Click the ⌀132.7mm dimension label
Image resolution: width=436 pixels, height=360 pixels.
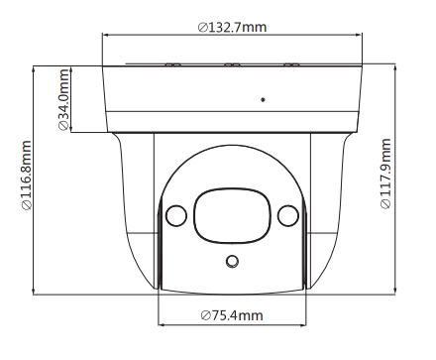click(232, 27)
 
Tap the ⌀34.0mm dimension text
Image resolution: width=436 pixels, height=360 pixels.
click(63, 99)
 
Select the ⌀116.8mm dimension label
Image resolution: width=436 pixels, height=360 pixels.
click(27, 176)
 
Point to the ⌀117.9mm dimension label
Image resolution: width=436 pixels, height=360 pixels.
click(385, 174)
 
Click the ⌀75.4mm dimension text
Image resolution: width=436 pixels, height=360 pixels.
click(232, 315)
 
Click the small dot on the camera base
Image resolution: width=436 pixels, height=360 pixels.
click(263, 99)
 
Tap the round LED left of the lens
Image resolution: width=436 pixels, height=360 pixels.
click(176, 215)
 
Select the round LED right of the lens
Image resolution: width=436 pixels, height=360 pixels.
click(288, 215)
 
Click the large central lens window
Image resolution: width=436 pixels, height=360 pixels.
click(232, 216)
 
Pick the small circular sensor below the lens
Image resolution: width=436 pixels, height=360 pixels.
click(232, 262)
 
